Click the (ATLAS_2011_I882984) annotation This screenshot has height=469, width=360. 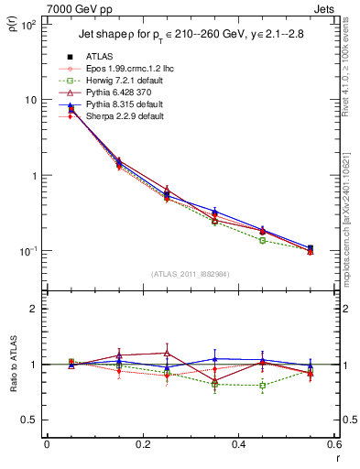click(189, 274)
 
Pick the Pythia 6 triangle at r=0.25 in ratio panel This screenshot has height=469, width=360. click(167, 353)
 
